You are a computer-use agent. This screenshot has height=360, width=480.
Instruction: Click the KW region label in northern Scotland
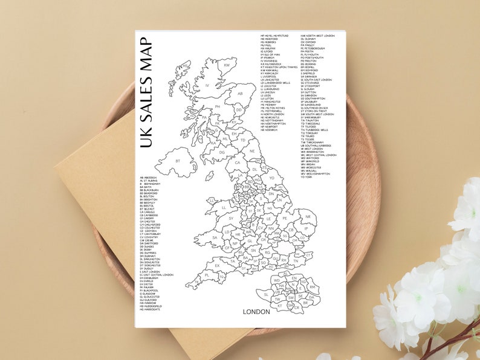227,65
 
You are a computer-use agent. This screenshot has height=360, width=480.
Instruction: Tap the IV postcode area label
207,86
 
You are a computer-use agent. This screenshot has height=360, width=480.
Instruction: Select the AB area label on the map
240,94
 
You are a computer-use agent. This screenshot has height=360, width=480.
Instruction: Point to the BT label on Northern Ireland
178,161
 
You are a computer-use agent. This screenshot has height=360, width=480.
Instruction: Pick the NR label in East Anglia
308,216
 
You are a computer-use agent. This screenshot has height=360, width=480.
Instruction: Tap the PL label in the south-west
206,275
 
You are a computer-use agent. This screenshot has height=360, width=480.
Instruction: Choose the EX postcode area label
217,265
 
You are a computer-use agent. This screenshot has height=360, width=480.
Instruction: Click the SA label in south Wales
214,237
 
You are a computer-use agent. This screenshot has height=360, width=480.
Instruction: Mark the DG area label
222,152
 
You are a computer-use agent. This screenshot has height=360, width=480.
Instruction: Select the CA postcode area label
238,162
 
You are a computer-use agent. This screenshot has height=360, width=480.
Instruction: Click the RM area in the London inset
312,287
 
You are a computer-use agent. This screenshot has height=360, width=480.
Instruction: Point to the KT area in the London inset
279,306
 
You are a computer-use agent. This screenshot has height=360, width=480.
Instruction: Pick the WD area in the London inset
276,280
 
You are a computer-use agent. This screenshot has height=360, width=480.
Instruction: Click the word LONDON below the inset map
256,312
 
